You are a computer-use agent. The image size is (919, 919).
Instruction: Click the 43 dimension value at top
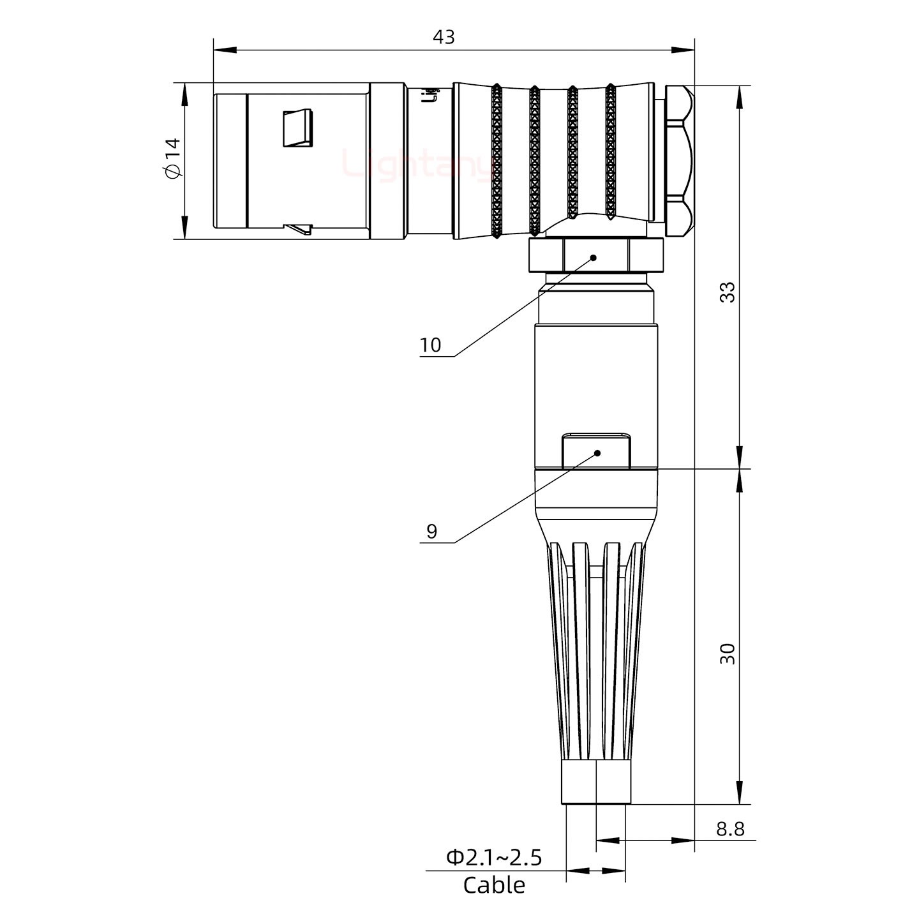(444, 37)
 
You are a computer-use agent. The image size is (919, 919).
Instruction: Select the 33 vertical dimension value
(727, 292)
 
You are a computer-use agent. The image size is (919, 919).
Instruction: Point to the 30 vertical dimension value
(727, 654)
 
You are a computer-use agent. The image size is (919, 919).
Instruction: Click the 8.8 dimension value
(730, 829)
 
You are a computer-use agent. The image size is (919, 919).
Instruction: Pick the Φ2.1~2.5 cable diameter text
(494, 858)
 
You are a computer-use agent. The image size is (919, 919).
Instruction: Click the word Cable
(494, 886)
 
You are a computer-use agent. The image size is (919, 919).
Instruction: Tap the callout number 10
(431, 345)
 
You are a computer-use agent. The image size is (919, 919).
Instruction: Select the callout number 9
(432, 532)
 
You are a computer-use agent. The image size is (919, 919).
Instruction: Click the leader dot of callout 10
(594, 258)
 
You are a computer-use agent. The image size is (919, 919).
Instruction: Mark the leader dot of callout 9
(598, 453)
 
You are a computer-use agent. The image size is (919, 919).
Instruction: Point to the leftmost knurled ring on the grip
(497, 162)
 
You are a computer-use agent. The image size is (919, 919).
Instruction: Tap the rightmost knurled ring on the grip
(610, 153)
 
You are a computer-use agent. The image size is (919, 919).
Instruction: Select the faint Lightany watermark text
(418, 164)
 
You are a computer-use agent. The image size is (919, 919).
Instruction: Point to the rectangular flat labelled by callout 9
(597, 451)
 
